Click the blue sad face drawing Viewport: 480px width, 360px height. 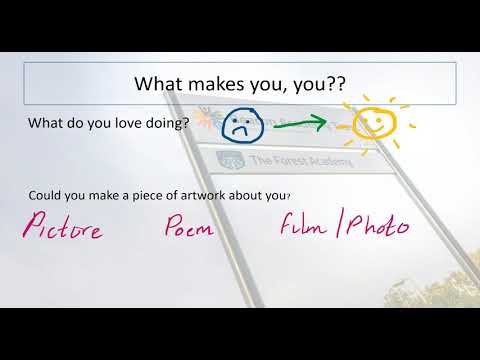(241, 124)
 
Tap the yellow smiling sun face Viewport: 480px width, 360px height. (371, 123)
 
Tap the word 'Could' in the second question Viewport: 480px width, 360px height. (45, 196)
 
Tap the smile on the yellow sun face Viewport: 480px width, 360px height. (371, 131)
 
